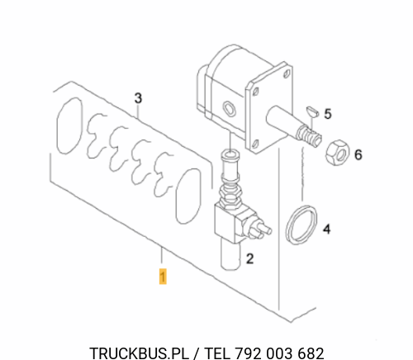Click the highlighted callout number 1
tap(163, 277)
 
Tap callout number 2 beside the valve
tap(249, 258)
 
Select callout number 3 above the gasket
tap(138, 98)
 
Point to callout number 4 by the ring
tap(327, 229)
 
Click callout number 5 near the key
tap(328, 114)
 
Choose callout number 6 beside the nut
tap(358, 154)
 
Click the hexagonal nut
tap(337, 153)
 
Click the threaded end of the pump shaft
tap(309, 135)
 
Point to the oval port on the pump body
tap(230, 108)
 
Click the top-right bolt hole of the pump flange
tap(287, 73)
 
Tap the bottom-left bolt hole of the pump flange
tap(255, 144)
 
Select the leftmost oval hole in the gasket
tap(69, 126)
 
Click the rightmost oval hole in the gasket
tap(188, 196)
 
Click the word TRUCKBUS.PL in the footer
tap(139, 353)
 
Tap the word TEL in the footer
tap(216, 353)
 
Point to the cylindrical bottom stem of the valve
tap(230, 254)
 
